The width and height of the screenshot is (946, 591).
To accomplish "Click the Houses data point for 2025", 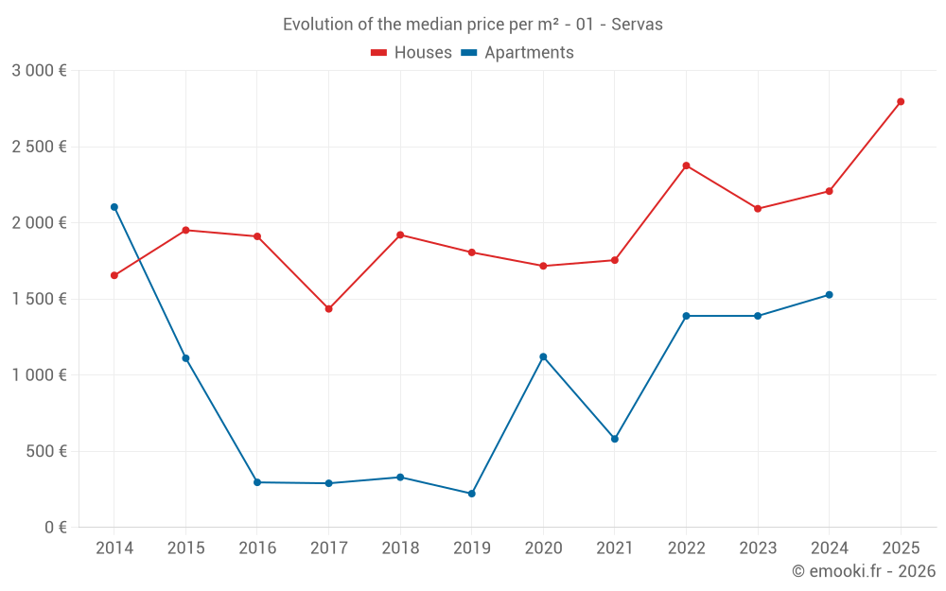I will click(901, 101).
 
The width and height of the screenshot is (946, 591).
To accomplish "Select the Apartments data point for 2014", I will click(114, 207).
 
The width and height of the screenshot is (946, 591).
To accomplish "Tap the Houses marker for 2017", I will click(328, 309).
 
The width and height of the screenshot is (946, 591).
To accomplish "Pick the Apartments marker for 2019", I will click(472, 494).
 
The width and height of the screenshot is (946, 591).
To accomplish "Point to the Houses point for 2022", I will click(686, 165).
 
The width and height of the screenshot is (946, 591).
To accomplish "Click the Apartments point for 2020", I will click(543, 356).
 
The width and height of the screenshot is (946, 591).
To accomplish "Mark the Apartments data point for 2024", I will click(830, 295).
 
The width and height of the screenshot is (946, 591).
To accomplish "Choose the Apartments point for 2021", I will click(615, 439).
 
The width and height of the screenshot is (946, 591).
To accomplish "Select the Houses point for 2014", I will click(114, 275).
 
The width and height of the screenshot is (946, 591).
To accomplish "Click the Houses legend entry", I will click(412, 53).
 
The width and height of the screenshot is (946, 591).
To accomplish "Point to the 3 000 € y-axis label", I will click(40, 71).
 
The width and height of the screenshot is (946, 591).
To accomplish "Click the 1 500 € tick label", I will click(40, 299).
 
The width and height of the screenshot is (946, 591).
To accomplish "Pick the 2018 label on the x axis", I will click(400, 548).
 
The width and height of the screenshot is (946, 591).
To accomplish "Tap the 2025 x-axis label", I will click(901, 548).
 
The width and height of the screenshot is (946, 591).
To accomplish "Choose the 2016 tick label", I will click(257, 548).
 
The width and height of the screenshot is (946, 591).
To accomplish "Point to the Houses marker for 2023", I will click(758, 209).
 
